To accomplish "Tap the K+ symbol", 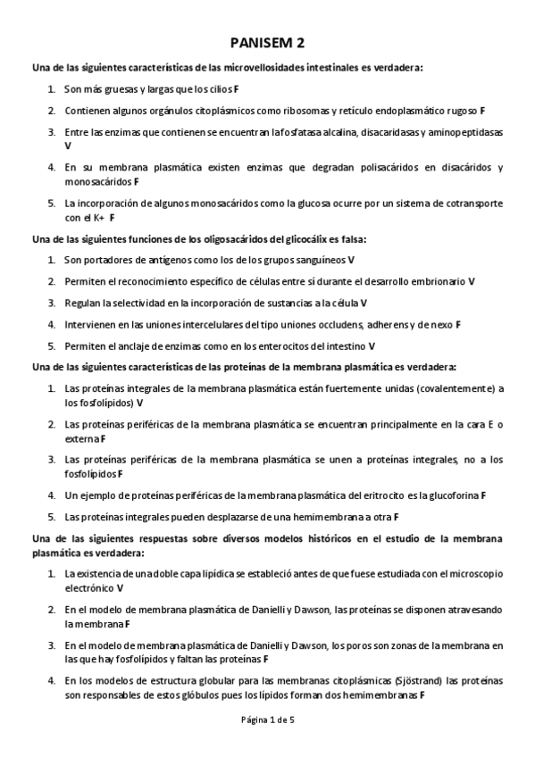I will click(x=96, y=217).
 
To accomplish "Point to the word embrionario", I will click(x=435, y=281).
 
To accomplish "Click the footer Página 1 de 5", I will click(x=267, y=720).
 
